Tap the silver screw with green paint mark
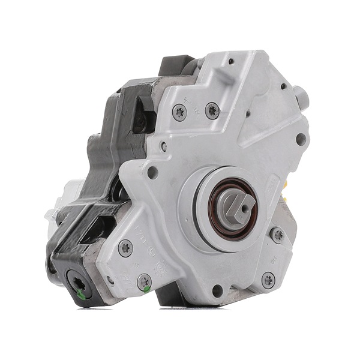pyautogui.click(x=144, y=282)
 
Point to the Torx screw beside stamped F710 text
pyautogui.click(x=125, y=247)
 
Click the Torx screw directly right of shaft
pyautogui.click(x=277, y=235)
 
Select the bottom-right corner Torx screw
pyautogui.click(x=268, y=280)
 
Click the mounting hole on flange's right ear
pyautogui.click(x=301, y=139)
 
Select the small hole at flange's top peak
pyautogui.click(x=230, y=61)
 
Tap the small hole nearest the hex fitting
pyautogui.click(x=283, y=86)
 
